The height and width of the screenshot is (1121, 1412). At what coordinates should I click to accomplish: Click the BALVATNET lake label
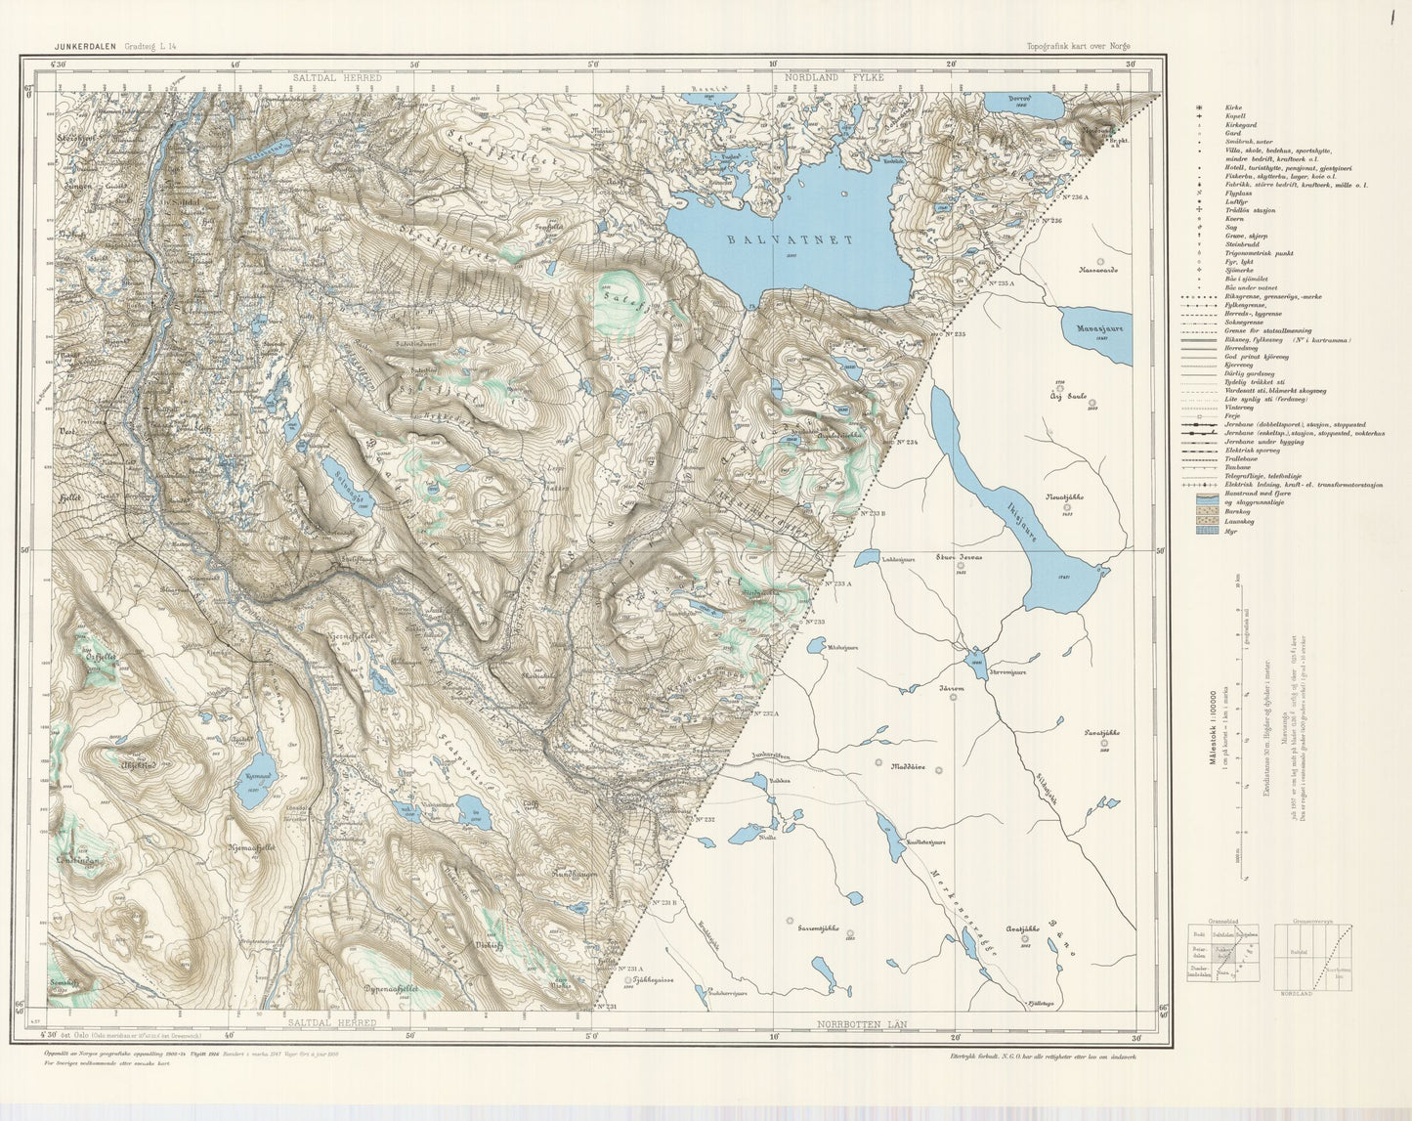pos(791,238)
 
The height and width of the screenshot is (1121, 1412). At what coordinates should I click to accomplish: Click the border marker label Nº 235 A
pos(1000,282)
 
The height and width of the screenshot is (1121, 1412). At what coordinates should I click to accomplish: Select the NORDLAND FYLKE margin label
pos(840,76)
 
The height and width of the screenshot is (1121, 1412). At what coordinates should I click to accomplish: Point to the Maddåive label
pos(909,765)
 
